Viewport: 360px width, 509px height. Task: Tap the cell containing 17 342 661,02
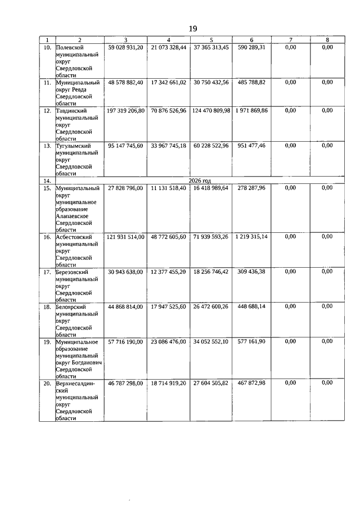[x=169, y=82]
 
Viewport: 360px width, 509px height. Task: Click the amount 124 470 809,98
[x=211, y=111]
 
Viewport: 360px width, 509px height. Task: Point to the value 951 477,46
[x=251, y=145]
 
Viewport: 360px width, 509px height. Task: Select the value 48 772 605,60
[x=169, y=237]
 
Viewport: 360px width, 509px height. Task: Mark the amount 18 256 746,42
[x=211, y=272]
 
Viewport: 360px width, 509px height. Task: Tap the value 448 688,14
[x=251, y=307]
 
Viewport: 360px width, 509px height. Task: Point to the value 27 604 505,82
[x=211, y=382]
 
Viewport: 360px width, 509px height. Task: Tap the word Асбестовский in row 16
[x=74, y=237]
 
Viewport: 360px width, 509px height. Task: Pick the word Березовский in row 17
[x=73, y=272]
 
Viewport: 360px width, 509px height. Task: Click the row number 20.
[x=47, y=383]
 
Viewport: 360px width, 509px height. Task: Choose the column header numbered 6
[x=251, y=40]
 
